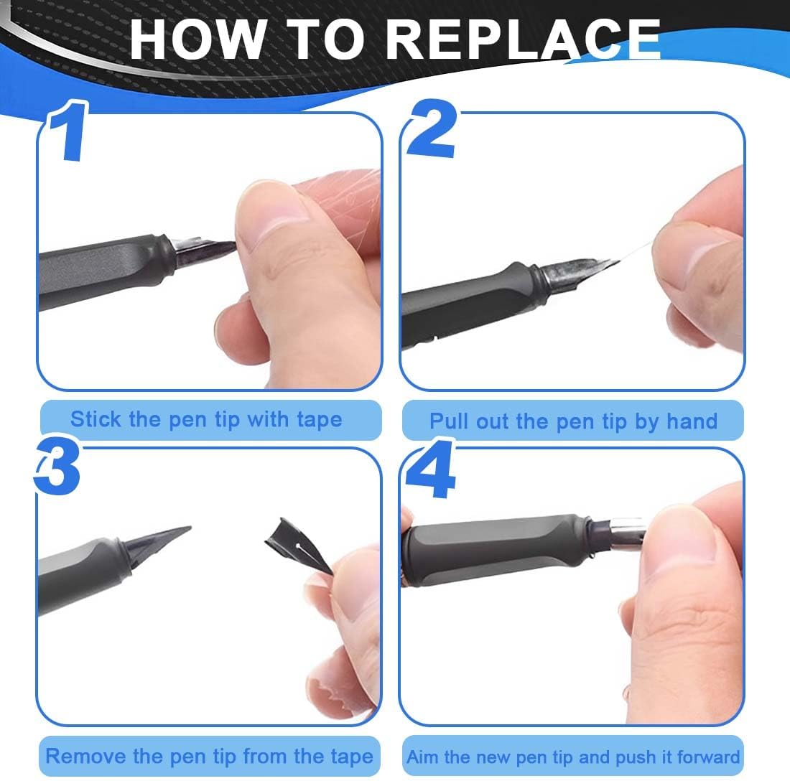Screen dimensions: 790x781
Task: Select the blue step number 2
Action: click(432, 128)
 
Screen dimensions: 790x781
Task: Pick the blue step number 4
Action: click(432, 469)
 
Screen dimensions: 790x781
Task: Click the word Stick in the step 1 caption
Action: click(96, 419)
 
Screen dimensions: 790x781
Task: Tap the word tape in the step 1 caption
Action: click(320, 420)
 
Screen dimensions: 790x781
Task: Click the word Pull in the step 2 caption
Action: click(447, 421)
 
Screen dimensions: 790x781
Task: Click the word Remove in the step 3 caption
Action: click(85, 757)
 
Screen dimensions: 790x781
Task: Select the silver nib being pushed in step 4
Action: click(627, 532)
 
